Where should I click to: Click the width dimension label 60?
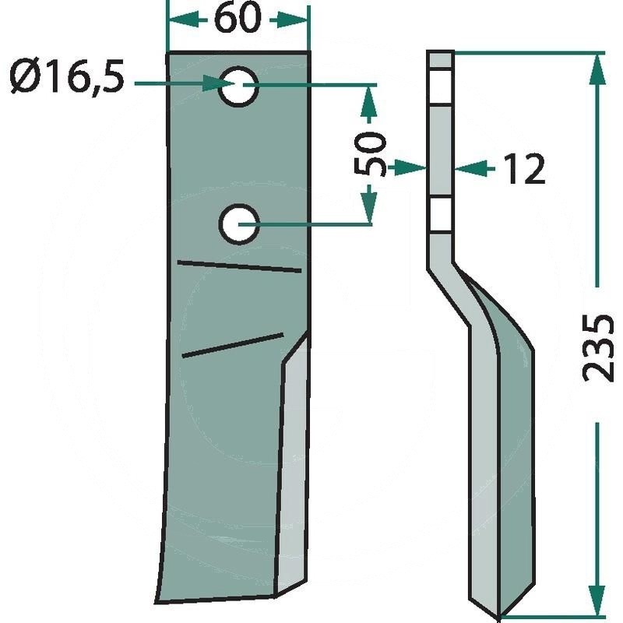(238, 19)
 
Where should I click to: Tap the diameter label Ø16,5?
(67, 77)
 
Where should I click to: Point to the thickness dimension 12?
(524, 168)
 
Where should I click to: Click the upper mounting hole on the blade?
(238, 86)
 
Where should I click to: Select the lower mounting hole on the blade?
(240, 224)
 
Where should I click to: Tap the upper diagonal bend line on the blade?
(239, 266)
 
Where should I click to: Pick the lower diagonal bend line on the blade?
(232, 345)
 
